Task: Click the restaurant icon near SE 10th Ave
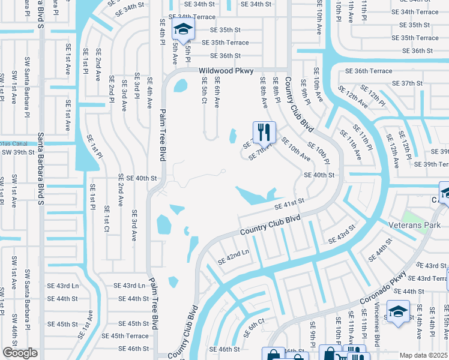(264, 132)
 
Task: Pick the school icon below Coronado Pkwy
(397, 313)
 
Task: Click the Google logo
(20, 353)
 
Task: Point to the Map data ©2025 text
(424, 355)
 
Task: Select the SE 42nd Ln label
(233, 257)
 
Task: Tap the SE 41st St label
(290, 205)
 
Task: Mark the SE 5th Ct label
(204, 90)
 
